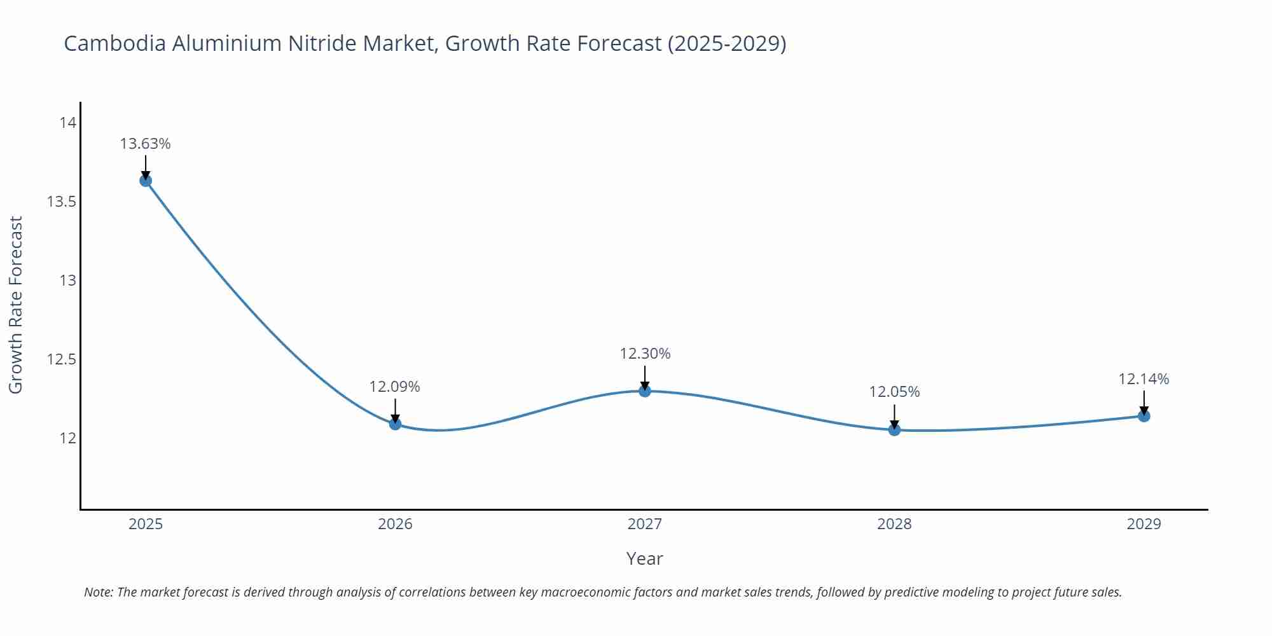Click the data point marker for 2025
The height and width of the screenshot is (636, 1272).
coord(146,181)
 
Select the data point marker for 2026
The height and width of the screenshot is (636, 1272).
coord(395,424)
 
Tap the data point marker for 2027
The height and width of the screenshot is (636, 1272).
coord(645,391)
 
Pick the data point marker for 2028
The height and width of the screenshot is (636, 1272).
coord(894,430)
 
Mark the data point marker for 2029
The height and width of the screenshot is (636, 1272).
coord(1144,416)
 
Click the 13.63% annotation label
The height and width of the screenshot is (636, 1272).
coord(146,144)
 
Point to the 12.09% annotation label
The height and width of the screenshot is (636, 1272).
coord(395,387)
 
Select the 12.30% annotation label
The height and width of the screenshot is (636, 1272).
coord(645,354)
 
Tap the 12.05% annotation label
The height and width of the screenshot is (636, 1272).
coord(894,392)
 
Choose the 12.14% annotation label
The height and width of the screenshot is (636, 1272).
coord(1144,379)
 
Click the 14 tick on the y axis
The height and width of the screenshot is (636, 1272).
coord(68,123)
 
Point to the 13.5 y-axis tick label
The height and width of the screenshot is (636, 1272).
coord(62,202)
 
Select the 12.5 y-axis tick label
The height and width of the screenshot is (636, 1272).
coord(62,359)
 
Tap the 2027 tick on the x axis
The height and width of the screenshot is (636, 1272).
coord(645,524)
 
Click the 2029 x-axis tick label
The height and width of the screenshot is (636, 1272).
coord(1144,524)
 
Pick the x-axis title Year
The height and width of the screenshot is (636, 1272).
coord(644,558)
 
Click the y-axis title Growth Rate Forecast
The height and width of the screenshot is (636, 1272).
coord(16,305)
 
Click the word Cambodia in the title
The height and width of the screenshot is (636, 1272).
coord(115,43)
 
